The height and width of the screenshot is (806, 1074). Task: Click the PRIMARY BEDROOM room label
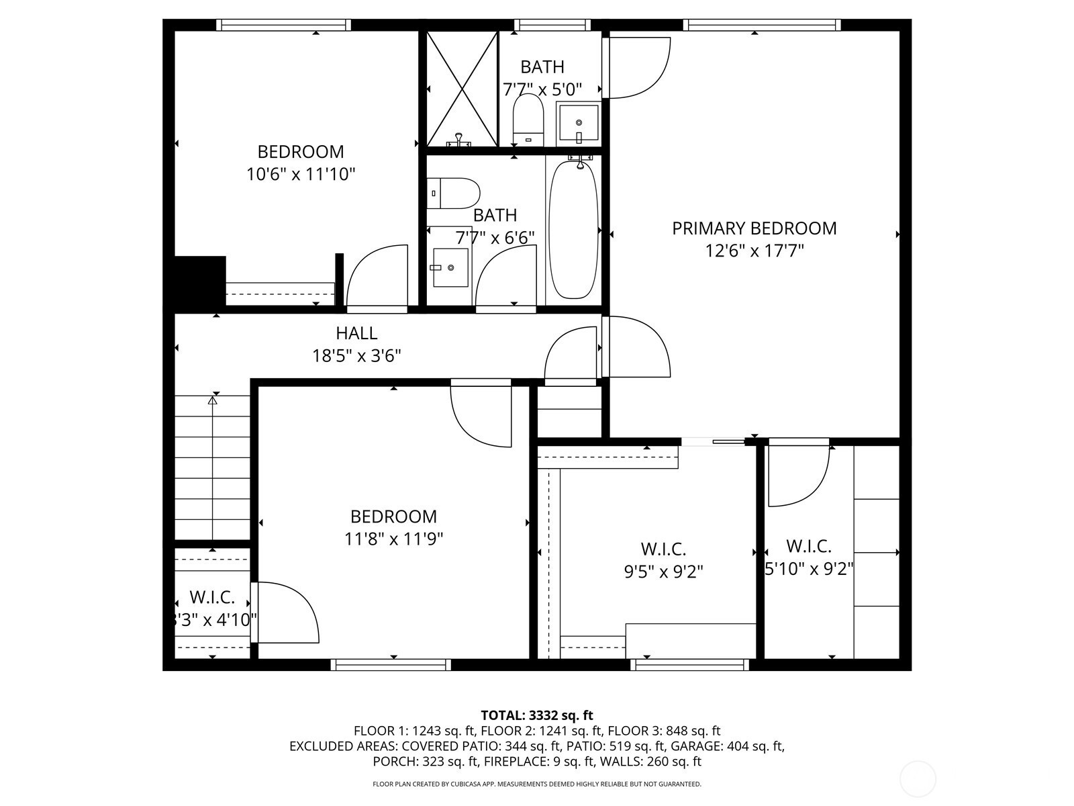pos(754,228)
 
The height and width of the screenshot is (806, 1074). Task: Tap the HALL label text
pos(356,333)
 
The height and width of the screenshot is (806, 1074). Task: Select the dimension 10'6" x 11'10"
pos(301,174)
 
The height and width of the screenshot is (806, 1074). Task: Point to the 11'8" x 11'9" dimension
pos(393,539)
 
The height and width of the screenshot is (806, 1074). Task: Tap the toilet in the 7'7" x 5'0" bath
pos(528,120)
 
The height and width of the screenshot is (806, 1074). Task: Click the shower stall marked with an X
pos(462,89)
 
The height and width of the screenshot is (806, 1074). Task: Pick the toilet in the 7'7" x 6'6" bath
pos(453,193)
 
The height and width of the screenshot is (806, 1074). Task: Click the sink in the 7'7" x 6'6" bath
pos(450,268)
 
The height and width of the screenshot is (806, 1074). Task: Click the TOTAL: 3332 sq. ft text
pos(537,715)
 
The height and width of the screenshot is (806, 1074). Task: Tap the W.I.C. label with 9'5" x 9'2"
pos(663,549)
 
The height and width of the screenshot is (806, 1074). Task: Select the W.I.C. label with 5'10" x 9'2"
pos(808,546)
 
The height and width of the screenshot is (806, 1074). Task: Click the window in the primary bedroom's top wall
pos(762,25)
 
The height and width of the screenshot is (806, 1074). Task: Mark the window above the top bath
pos(552,25)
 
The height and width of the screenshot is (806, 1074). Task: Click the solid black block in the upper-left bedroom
pos(200,281)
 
